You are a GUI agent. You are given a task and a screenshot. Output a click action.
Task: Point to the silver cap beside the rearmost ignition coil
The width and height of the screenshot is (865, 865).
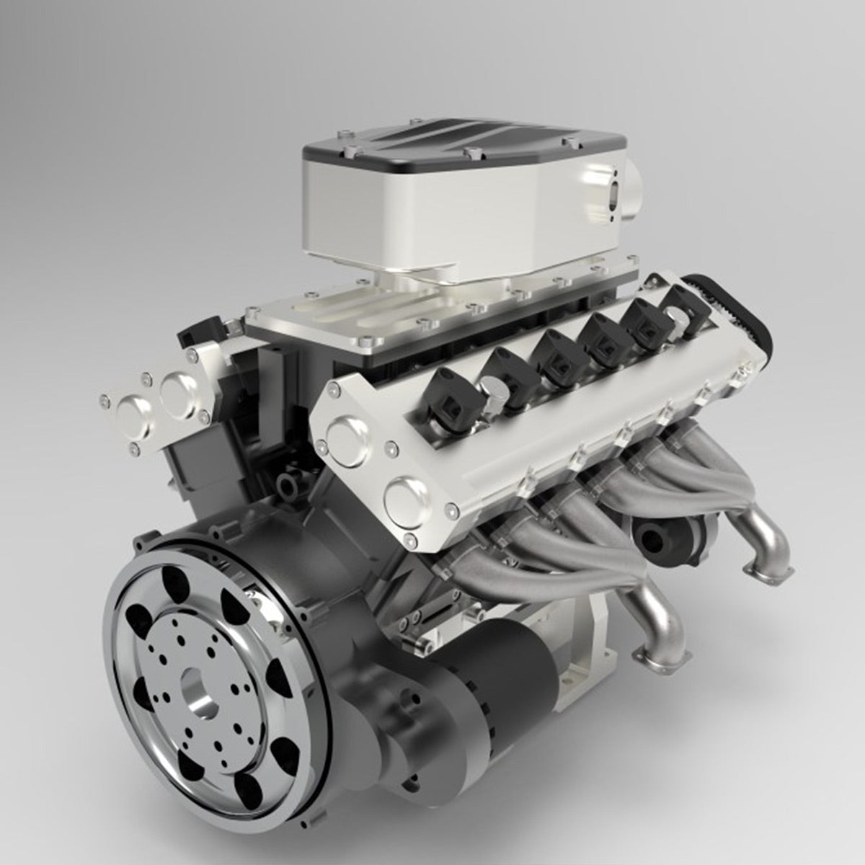point(676,317)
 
